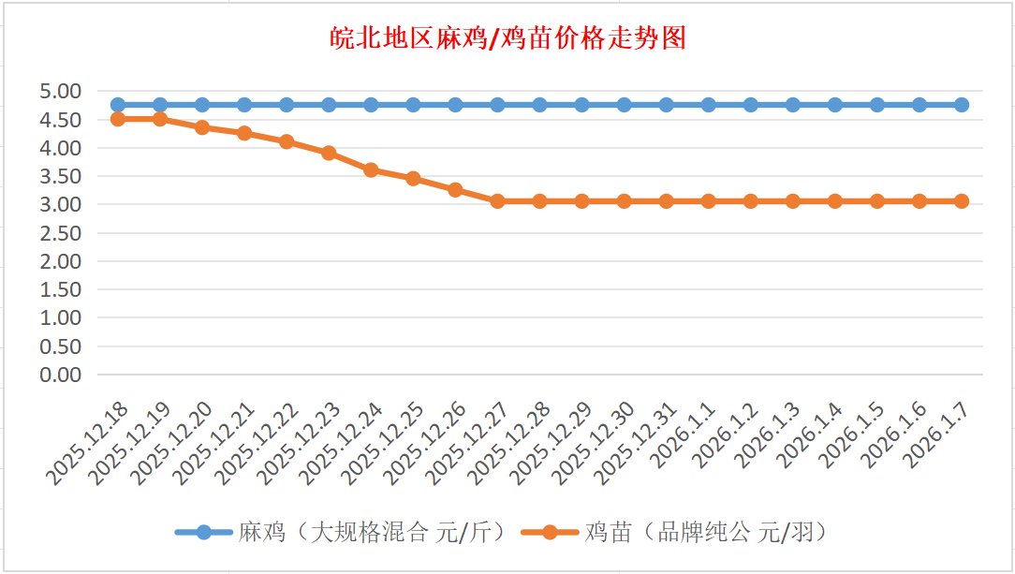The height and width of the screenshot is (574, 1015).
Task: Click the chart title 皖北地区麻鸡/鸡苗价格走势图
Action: point(508,38)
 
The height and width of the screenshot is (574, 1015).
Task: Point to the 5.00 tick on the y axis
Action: point(61,91)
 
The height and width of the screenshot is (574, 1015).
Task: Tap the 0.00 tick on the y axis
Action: point(61,375)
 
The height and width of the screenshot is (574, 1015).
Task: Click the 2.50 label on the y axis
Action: point(61,232)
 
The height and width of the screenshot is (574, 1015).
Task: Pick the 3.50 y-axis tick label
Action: point(61,176)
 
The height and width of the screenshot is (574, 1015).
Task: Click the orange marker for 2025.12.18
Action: point(118,119)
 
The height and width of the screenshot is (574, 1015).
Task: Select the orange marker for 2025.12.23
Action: point(329,153)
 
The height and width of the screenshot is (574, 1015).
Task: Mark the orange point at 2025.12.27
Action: point(497,201)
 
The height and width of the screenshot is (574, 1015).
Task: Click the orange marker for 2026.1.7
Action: point(962,201)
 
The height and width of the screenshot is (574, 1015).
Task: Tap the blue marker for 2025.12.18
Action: point(118,105)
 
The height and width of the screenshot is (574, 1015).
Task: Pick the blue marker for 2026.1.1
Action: point(709,105)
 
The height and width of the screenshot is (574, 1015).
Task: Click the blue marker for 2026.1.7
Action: point(962,105)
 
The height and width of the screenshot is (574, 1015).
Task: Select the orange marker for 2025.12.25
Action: point(413,178)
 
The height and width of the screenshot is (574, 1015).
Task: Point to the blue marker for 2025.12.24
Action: point(371,105)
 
